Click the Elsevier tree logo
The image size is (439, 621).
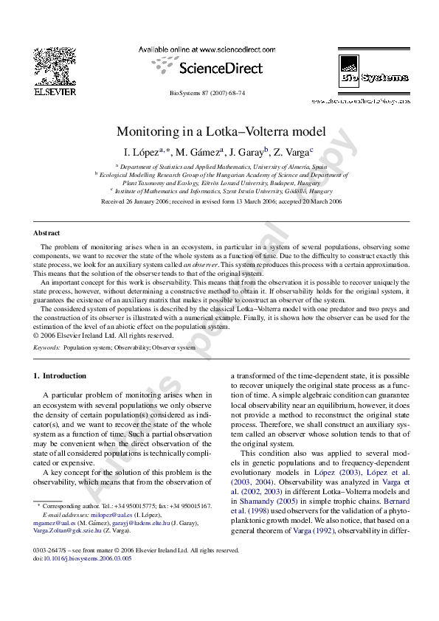pyautogui.click(x=54, y=65)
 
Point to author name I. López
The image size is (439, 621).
pyautogui.click(x=144, y=153)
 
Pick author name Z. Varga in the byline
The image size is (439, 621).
pyautogui.click(x=293, y=153)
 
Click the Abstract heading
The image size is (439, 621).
pyautogui.click(x=46, y=233)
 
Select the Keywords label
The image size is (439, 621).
pyautogui.click(x=47, y=347)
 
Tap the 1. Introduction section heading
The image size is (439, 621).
pyautogui.click(x=60, y=376)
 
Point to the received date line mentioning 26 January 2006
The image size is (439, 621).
pyautogui.click(x=221, y=201)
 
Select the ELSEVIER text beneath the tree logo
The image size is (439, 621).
pyautogui.click(x=54, y=92)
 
